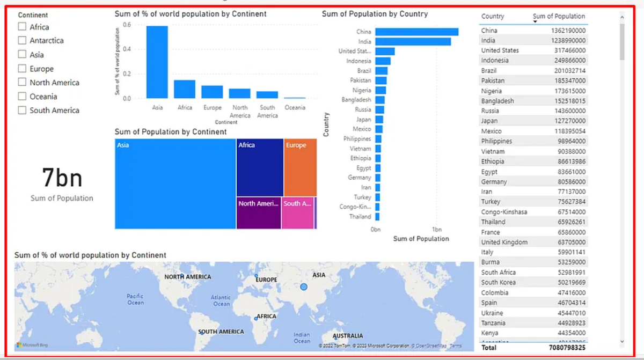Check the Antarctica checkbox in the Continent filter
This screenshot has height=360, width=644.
pos(22,41)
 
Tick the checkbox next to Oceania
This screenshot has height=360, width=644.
pos(22,97)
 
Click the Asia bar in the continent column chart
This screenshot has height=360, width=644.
pos(157,62)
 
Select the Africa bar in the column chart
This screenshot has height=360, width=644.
pos(185,89)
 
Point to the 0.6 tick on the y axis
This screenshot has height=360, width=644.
pos(127,25)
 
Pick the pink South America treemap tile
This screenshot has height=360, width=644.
pos(298,213)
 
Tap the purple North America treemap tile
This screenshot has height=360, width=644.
pos(259,213)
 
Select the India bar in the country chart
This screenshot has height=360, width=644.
pos(413,41)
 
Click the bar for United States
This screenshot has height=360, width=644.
pos(385,52)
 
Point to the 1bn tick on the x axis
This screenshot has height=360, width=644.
pos(437,229)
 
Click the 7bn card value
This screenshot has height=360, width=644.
pos(62,178)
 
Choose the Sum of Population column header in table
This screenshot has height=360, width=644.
pos(559,17)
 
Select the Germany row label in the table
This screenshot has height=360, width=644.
pos(494,182)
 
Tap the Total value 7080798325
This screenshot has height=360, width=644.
pos(567,348)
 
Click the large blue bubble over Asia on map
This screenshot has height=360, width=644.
pos(304,287)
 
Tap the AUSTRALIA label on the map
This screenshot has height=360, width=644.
pos(348,336)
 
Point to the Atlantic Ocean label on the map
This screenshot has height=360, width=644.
pos(221,300)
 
